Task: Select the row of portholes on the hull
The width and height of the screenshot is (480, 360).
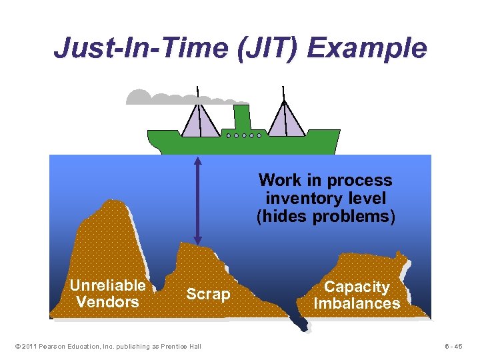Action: click(243, 135)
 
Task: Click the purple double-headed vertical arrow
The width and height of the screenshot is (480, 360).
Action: click(197, 200)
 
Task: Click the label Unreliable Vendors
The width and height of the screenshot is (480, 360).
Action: click(107, 293)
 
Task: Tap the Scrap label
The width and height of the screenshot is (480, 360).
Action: click(208, 294)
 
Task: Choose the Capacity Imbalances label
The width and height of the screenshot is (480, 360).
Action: click(357, 295)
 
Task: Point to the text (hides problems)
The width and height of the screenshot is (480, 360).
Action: click(325, 216)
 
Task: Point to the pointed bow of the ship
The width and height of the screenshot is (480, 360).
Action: click(339, 133)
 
